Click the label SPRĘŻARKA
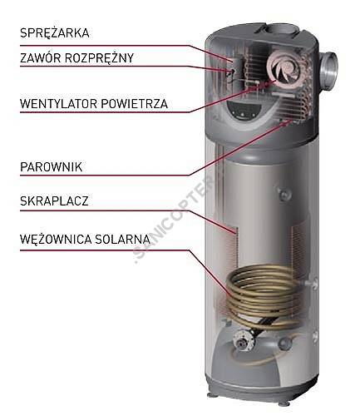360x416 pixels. click(55, 32)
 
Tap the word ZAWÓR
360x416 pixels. click(40, 58)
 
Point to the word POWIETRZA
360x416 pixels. click(135, 104)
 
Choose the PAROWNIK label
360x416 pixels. click(52, 167)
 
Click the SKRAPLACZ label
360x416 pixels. click(54, 201)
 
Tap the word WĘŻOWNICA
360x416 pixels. click(56, 239)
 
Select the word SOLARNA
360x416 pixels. click(122, 239)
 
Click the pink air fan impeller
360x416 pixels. click(284, 69)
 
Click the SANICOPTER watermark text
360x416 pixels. click(173, 219)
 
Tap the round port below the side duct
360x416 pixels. click(284, 192)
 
